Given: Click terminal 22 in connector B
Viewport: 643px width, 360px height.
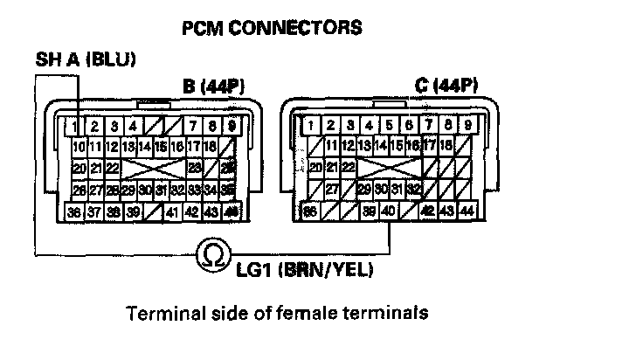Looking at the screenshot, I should tap(113, 167).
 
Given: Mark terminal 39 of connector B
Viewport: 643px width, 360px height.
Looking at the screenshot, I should tap(134, 211).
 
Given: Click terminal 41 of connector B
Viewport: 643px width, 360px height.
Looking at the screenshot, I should tap(173, 211).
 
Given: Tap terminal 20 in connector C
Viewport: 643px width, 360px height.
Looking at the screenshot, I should tap(316, 167).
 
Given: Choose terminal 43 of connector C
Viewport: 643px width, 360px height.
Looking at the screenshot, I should tap(446, 211).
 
